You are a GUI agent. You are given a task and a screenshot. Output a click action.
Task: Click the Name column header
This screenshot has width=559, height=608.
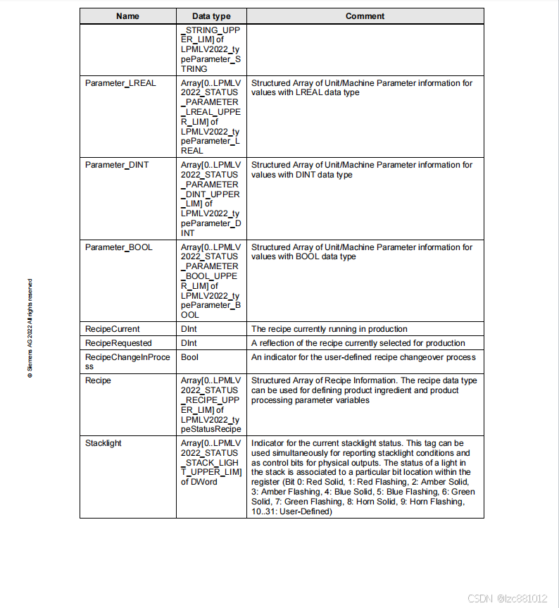[x=127, y=16]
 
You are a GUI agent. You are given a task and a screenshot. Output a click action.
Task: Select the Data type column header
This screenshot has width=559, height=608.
[x=211, y=16]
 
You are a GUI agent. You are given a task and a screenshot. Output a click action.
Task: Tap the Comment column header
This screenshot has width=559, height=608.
[x=365, y=16]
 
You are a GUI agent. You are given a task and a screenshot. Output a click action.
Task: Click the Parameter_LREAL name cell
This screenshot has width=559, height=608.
[x=120, y=83]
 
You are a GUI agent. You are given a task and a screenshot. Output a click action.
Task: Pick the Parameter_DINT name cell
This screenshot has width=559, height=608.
[x=118, y=165]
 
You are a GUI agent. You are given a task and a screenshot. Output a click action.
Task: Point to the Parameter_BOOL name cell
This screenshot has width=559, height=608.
[x=119, y=247]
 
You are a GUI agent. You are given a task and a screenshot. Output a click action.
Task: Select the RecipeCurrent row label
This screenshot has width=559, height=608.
[x=113, y=329]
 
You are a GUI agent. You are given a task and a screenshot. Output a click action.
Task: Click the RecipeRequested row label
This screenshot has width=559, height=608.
[x=118, y=343]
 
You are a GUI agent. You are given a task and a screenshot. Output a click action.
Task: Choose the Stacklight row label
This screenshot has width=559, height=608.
[x=103, y=443]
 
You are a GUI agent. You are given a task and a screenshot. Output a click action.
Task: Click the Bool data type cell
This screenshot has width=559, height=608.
[x=190, y=357]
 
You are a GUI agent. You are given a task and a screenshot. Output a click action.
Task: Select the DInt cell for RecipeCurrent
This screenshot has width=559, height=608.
[x=189, y=329]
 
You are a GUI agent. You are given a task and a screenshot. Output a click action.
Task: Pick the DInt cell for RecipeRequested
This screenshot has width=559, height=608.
[x=189, y=343]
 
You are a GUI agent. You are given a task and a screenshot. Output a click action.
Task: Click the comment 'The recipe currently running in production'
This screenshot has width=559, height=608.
[x=329, y=329]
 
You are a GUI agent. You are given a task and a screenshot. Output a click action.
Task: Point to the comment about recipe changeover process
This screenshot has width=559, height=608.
[x=363, y=357]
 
